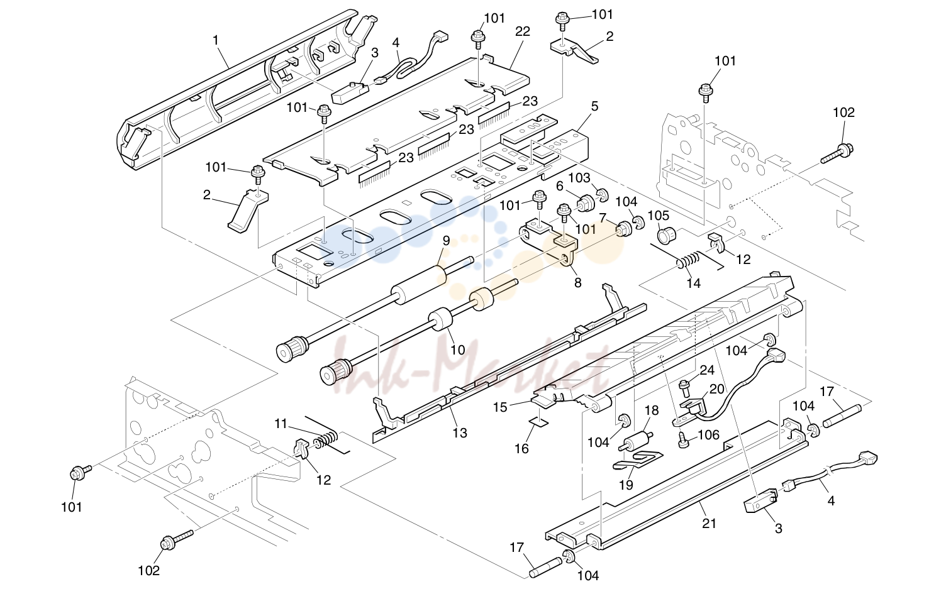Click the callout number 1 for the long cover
[x=216, y=40]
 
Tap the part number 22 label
[x=523, y=31]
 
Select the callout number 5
[x=594, y=106]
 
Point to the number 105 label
[x=659, y=216]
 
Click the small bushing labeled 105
[x=667, y=235]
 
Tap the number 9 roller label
[x=446, y=241]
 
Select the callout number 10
[x=457, y=350]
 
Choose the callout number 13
[x=460, y=433]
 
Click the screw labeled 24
[x=684, y=388]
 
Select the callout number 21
[x=709, y=524]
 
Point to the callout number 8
[x=578, y=282]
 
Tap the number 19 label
[x=626, y=485]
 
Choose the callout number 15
[x=500, y=408]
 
